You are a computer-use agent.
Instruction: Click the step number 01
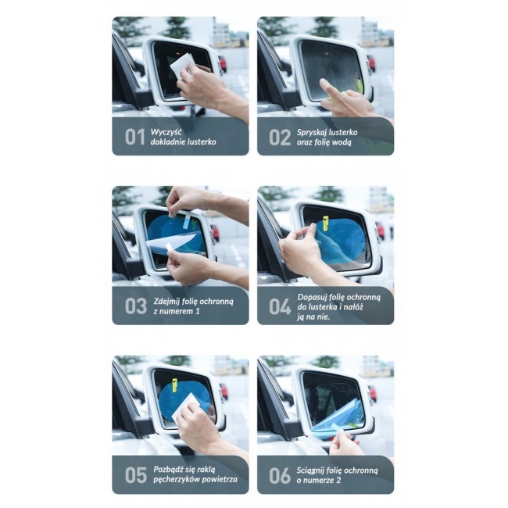(134, 137)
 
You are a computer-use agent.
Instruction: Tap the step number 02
(280, 137)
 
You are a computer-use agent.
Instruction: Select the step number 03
(135, 306)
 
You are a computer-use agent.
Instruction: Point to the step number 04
(281, 306)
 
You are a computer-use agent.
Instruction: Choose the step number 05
(135, 475)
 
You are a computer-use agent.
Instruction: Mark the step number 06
(281, 475)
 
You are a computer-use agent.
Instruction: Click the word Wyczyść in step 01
(166, 131)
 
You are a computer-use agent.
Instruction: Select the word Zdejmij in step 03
(166, 300)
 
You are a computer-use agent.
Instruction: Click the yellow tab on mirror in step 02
(359, 84)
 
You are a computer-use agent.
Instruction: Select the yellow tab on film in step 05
(174, 384)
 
